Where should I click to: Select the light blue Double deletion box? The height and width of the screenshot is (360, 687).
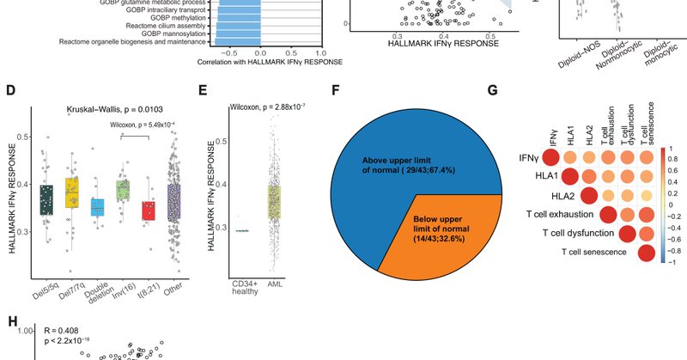coord(99,207)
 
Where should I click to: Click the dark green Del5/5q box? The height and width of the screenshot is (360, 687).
coord(46,199)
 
